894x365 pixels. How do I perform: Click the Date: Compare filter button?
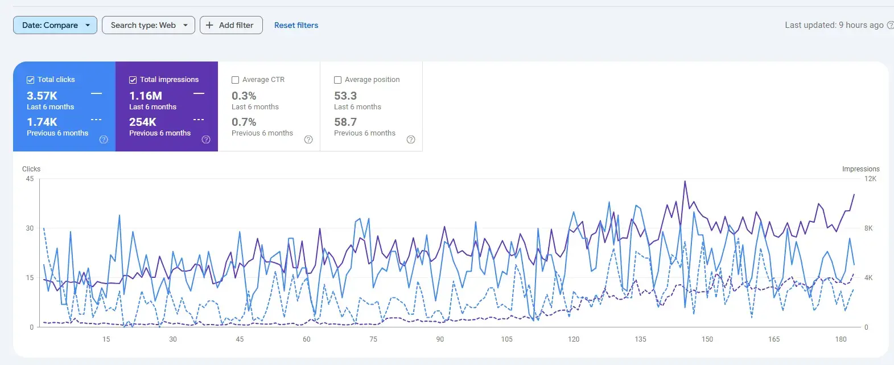tap(55, 25)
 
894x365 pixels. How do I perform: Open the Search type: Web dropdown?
tap(148, 25)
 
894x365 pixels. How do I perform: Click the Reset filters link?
tap(296, 25)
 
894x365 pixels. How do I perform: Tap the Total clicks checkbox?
tap(31, 80)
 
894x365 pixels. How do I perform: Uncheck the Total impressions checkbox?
tap(133, 80)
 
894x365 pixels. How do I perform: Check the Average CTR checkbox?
tap(236, 80)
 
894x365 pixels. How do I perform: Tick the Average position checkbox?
tap(338, 80)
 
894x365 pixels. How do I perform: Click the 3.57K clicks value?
tap(42, 96)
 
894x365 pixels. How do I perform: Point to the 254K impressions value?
tap(143, 122)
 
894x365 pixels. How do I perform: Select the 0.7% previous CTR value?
tap(244, 122)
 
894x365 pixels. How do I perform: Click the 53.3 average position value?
tap(345, 96)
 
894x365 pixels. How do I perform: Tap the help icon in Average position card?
tap(411, 140)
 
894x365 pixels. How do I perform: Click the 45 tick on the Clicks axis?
tap(30, 179)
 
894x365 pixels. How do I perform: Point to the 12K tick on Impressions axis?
tap(870, 179)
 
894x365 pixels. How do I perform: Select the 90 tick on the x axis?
tap(440, 339)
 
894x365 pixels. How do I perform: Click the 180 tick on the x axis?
tap(841, 339)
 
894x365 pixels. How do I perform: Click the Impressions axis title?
tap(860, 169)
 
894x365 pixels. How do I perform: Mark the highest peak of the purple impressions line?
tap(685, 182)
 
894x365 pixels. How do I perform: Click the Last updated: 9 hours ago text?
tap(834, 25)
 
